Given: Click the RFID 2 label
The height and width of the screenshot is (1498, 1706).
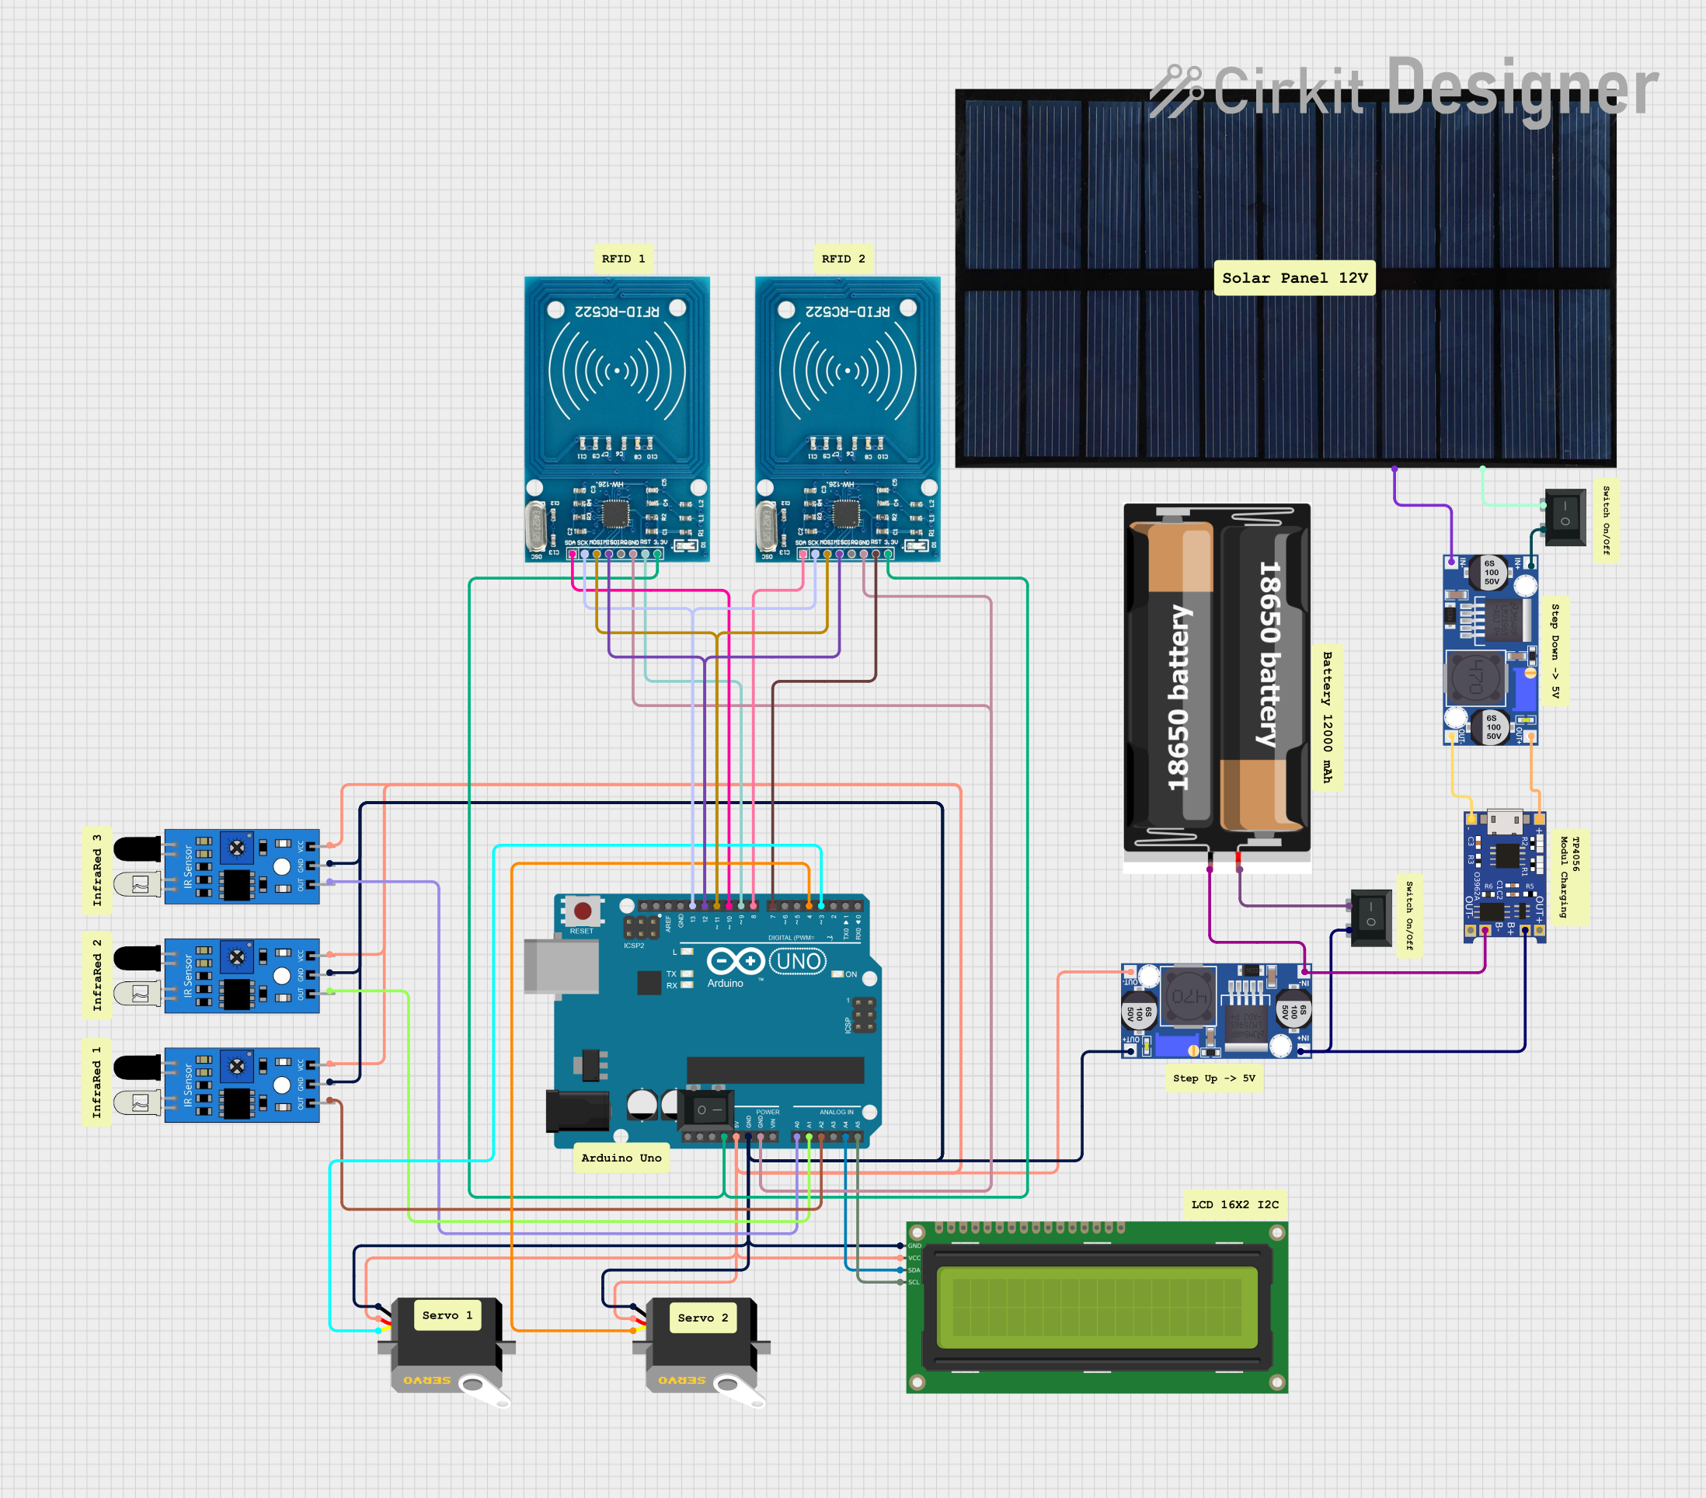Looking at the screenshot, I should point(843,259).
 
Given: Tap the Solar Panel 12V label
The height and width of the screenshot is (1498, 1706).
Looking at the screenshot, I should point(1294,278).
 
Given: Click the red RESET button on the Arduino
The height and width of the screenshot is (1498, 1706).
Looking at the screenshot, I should point(583,911).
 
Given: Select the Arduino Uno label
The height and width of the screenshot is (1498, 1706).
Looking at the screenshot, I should point(621,1158).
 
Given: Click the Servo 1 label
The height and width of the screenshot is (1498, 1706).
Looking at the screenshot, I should point(447,1315).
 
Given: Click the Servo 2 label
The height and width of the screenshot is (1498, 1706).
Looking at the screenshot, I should point(702,1318).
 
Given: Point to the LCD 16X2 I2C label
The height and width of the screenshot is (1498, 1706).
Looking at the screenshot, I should point(1234,1204).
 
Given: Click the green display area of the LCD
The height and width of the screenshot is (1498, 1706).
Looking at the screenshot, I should point(1097,1307).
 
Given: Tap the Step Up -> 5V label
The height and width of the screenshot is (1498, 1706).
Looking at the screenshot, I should point(1213,1078).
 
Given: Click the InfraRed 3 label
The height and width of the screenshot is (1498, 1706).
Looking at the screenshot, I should point(97,870).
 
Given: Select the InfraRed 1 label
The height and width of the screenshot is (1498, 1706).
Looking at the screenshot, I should point(97,1082).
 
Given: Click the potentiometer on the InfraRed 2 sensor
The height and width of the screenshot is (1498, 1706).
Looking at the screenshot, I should point(237,957).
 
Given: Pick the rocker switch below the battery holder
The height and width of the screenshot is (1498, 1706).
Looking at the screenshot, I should point(1370,916).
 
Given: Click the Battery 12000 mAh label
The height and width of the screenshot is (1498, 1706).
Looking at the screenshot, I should point(1327,717).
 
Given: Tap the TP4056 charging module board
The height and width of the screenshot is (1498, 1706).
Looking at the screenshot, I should point(1506,876).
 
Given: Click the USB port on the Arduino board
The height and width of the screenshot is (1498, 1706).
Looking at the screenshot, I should point(560,967).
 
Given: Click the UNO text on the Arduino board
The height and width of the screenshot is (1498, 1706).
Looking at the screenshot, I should point(798,961).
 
